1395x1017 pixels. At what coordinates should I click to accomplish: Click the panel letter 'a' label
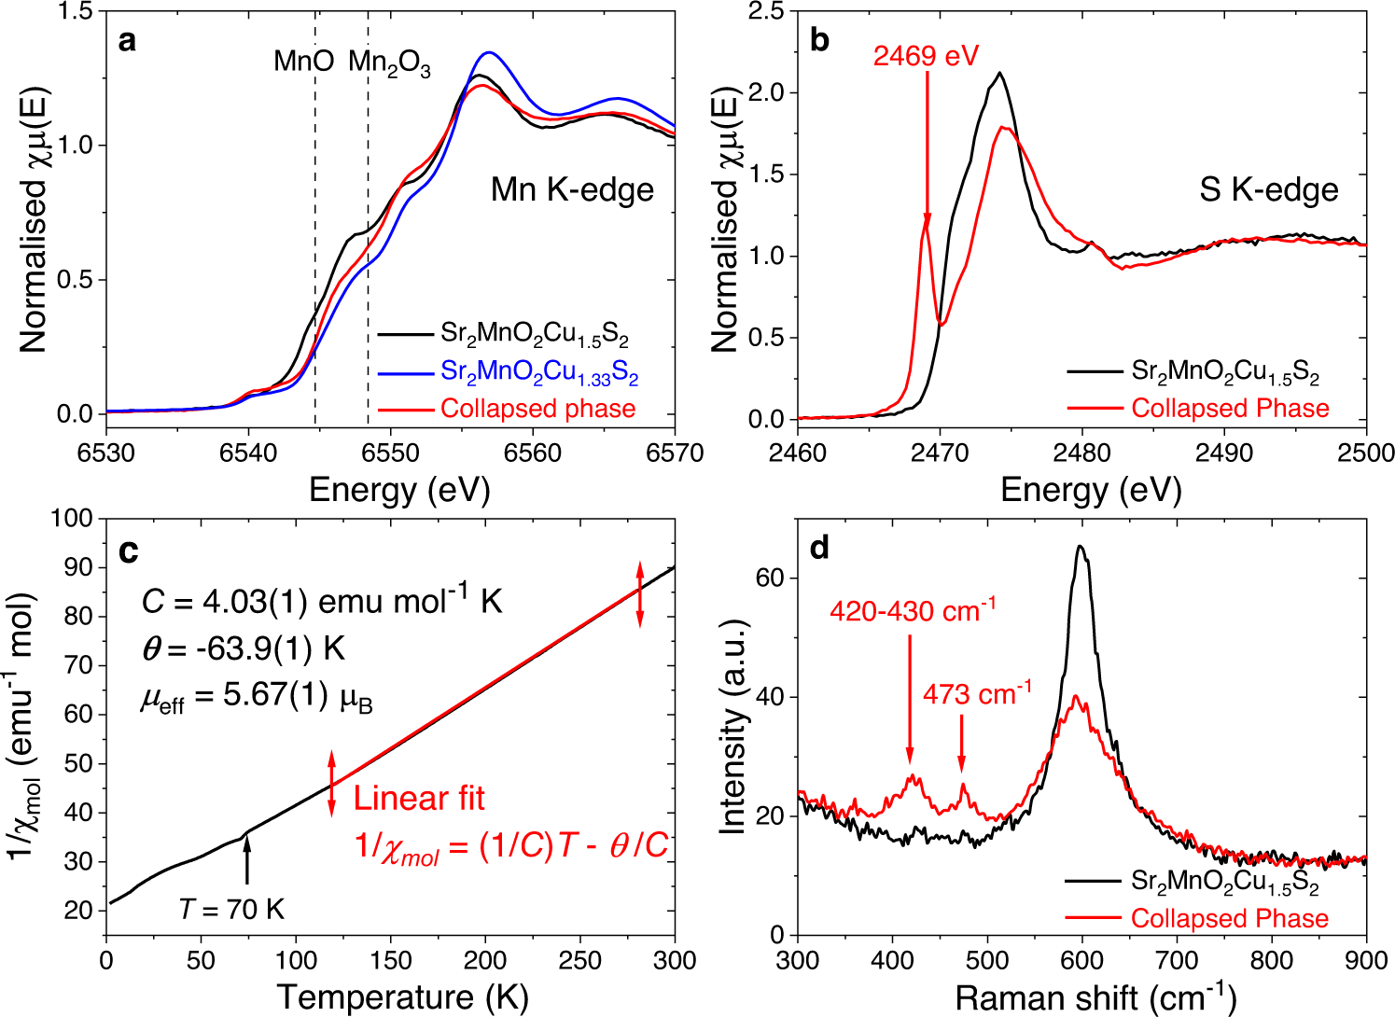point(127,42)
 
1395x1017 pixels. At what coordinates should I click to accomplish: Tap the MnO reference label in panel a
point(303,62)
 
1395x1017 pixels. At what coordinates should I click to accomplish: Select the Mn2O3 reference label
point(389,63)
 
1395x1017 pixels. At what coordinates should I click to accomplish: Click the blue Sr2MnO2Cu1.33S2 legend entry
point(538,372)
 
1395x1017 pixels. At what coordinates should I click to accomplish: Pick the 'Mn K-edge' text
point(572,190)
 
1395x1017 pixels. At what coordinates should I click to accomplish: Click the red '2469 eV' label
point(926,56)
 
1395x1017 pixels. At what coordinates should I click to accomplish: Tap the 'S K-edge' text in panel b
point(1268,190)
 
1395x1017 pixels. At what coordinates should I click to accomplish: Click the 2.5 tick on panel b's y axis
point(764,11)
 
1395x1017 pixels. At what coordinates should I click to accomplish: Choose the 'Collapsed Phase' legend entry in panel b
point(1230,409)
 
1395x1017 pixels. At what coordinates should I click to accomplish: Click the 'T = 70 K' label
point(231,908)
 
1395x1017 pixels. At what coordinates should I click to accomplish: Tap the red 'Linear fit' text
point(419,799)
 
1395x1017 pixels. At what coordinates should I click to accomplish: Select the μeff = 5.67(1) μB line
point(257,699)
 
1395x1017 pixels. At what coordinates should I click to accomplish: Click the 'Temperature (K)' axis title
point(402,996)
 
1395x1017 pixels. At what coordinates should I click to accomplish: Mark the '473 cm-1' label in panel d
point(977,694)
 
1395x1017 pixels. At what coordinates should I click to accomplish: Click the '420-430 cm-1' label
point(912,611)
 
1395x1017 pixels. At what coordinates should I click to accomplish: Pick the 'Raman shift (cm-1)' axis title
point(1095,996)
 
